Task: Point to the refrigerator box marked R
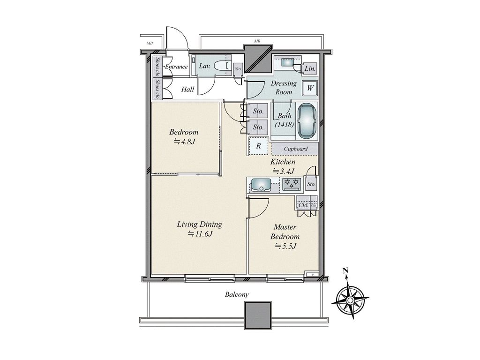pyautogui.click(x=258, y=146)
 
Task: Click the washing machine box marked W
pyautogui.click(x=310, y=87)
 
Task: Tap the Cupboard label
pyautogui.click(x=296, y=149)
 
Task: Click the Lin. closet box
pyautogui.click(x=309, y=69)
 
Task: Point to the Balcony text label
pyautogui.click(x=237, y=294)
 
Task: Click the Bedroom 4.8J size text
pyautogui.click(x=184, y=142)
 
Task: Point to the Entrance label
pyautogui.click(x=176, y=67)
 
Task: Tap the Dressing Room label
pyautogui.click(x=284, y=88)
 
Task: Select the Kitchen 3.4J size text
pyautogui.click(x=283, y=171)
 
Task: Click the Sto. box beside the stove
pyautogui.click(x=311, y=184)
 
